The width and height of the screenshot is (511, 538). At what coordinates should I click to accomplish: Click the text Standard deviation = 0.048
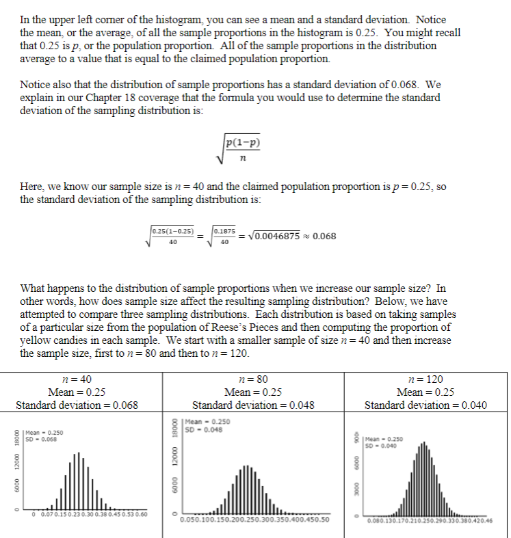coord(253,404)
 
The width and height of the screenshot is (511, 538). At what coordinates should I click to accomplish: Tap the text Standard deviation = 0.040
coord(425,404)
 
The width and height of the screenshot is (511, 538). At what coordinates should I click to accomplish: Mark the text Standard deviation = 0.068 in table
coord(77,404)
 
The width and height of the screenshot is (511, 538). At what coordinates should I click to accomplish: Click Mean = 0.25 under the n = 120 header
coord(425,392)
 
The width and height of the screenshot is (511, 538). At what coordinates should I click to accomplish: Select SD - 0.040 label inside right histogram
coord(384,445)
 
